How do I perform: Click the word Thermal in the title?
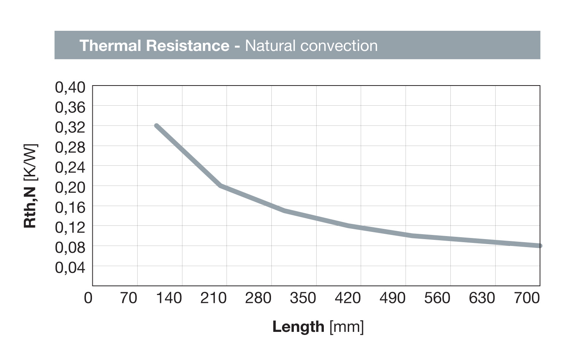(x=110, y=46)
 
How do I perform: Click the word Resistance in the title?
(x=187, y=46)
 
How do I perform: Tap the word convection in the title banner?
(x=338, y=46)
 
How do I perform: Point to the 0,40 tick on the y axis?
(x=70, y=87)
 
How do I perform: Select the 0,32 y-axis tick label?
(x=70, y=127)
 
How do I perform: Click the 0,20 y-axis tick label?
(x=70, y=187)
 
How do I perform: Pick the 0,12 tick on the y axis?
(x=70, y=228)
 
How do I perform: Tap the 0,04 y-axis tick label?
(x=70, y=268)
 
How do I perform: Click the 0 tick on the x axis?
(x=88, y=298)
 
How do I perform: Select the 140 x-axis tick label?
(x=169, y=298)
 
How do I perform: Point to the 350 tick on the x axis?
(x=303, y=298)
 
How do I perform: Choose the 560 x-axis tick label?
(x=437, y=298)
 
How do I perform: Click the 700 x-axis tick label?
(x=527, y=298)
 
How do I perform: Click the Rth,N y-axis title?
(x=30, y=207)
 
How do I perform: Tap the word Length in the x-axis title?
(x=298, y=327)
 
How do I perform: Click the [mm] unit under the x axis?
(x=347, y=327)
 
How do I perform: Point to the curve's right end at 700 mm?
(x=539, y=246)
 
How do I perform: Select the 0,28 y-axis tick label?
(x=70, y=147)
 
